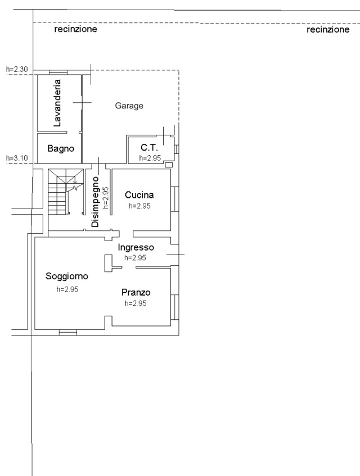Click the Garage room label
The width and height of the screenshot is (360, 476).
(129, 106)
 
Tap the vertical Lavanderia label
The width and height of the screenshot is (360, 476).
(57, 103)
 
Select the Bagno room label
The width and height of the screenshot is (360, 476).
(61, 148)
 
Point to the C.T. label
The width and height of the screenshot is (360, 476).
(149, 148)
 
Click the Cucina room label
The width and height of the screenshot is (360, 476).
(139, 195)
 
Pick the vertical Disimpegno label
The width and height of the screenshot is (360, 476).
(96, 202)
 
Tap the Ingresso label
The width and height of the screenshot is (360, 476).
(136, 248)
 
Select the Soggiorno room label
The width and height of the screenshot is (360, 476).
(67, 276)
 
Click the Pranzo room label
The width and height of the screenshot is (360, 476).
(136, 292)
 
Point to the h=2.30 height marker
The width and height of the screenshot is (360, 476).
(17, 69)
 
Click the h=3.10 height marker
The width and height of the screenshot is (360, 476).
(17, 158)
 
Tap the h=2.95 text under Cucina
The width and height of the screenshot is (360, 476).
(139, 206)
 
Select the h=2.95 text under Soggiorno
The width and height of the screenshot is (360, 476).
(67, 289)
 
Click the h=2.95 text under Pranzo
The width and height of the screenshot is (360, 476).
(136, 303)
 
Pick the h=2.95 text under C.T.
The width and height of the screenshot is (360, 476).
(150, 158)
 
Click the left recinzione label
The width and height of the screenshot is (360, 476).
(75, 29)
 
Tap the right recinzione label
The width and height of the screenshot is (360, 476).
(328, 29)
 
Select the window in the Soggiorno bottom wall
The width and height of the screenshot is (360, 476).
(68, 332)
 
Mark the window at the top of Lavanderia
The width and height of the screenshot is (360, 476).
(58, 72)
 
